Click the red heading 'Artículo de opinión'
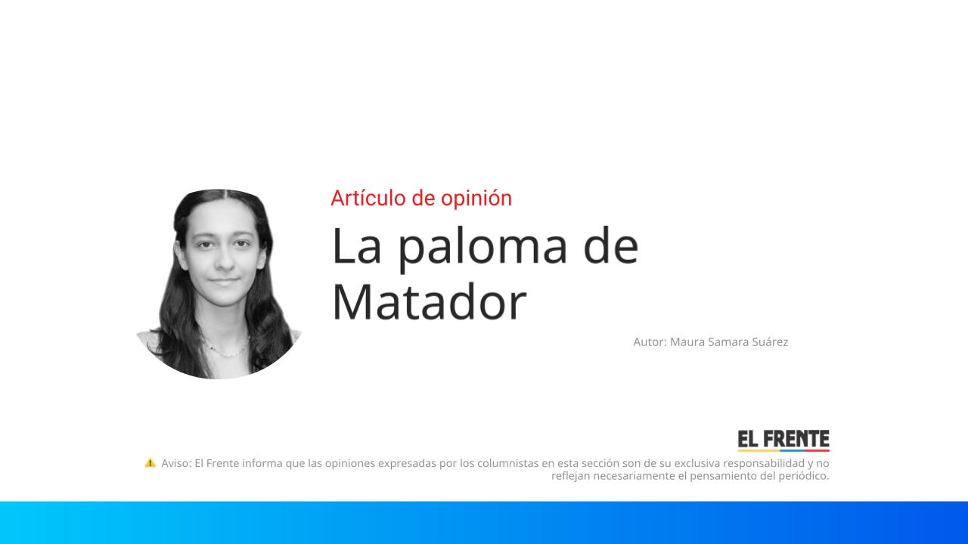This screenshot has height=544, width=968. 421,198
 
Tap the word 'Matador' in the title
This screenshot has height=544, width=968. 429,301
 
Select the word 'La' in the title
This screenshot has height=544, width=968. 356,246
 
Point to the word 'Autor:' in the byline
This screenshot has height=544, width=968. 650,342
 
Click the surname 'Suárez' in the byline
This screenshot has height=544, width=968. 769,342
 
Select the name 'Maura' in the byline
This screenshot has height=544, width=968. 687,342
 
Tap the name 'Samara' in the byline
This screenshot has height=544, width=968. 728,342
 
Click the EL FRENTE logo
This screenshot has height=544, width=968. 783,440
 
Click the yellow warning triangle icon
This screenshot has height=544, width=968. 150,462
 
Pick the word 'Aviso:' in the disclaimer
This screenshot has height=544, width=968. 176,463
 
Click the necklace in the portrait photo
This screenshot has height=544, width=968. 225,351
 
